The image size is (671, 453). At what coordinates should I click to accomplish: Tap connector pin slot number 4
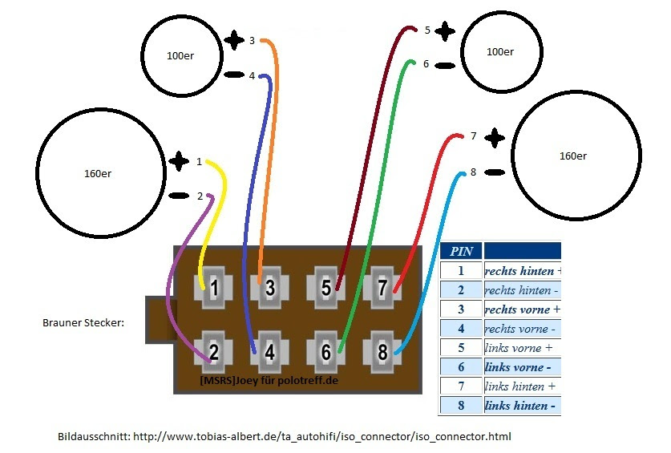point(270,351)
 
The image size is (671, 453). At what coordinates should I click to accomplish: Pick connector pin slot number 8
point(382,351)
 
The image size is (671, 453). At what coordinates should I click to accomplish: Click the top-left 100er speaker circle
point(180,55)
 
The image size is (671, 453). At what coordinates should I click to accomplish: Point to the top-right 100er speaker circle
point(500,52)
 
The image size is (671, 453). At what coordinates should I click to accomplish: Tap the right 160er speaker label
point(572,156)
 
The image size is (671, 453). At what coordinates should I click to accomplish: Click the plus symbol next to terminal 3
point(233,40)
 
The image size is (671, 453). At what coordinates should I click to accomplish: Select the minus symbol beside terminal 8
point(495,172)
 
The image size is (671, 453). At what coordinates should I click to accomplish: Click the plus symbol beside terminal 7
point(495,137)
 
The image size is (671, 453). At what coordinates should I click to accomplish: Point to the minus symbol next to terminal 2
point(177,196)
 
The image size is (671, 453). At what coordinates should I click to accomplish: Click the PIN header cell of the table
point(461,251)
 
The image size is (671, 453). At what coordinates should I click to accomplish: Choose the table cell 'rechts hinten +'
point(522,271)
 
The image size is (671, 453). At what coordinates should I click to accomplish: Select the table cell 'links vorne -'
point(522,367)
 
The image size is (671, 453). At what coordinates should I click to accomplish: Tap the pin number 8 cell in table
point(461,406)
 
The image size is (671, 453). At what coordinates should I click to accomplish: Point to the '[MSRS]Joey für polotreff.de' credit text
point(269,379)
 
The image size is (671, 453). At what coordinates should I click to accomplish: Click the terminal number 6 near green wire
point(426,63)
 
